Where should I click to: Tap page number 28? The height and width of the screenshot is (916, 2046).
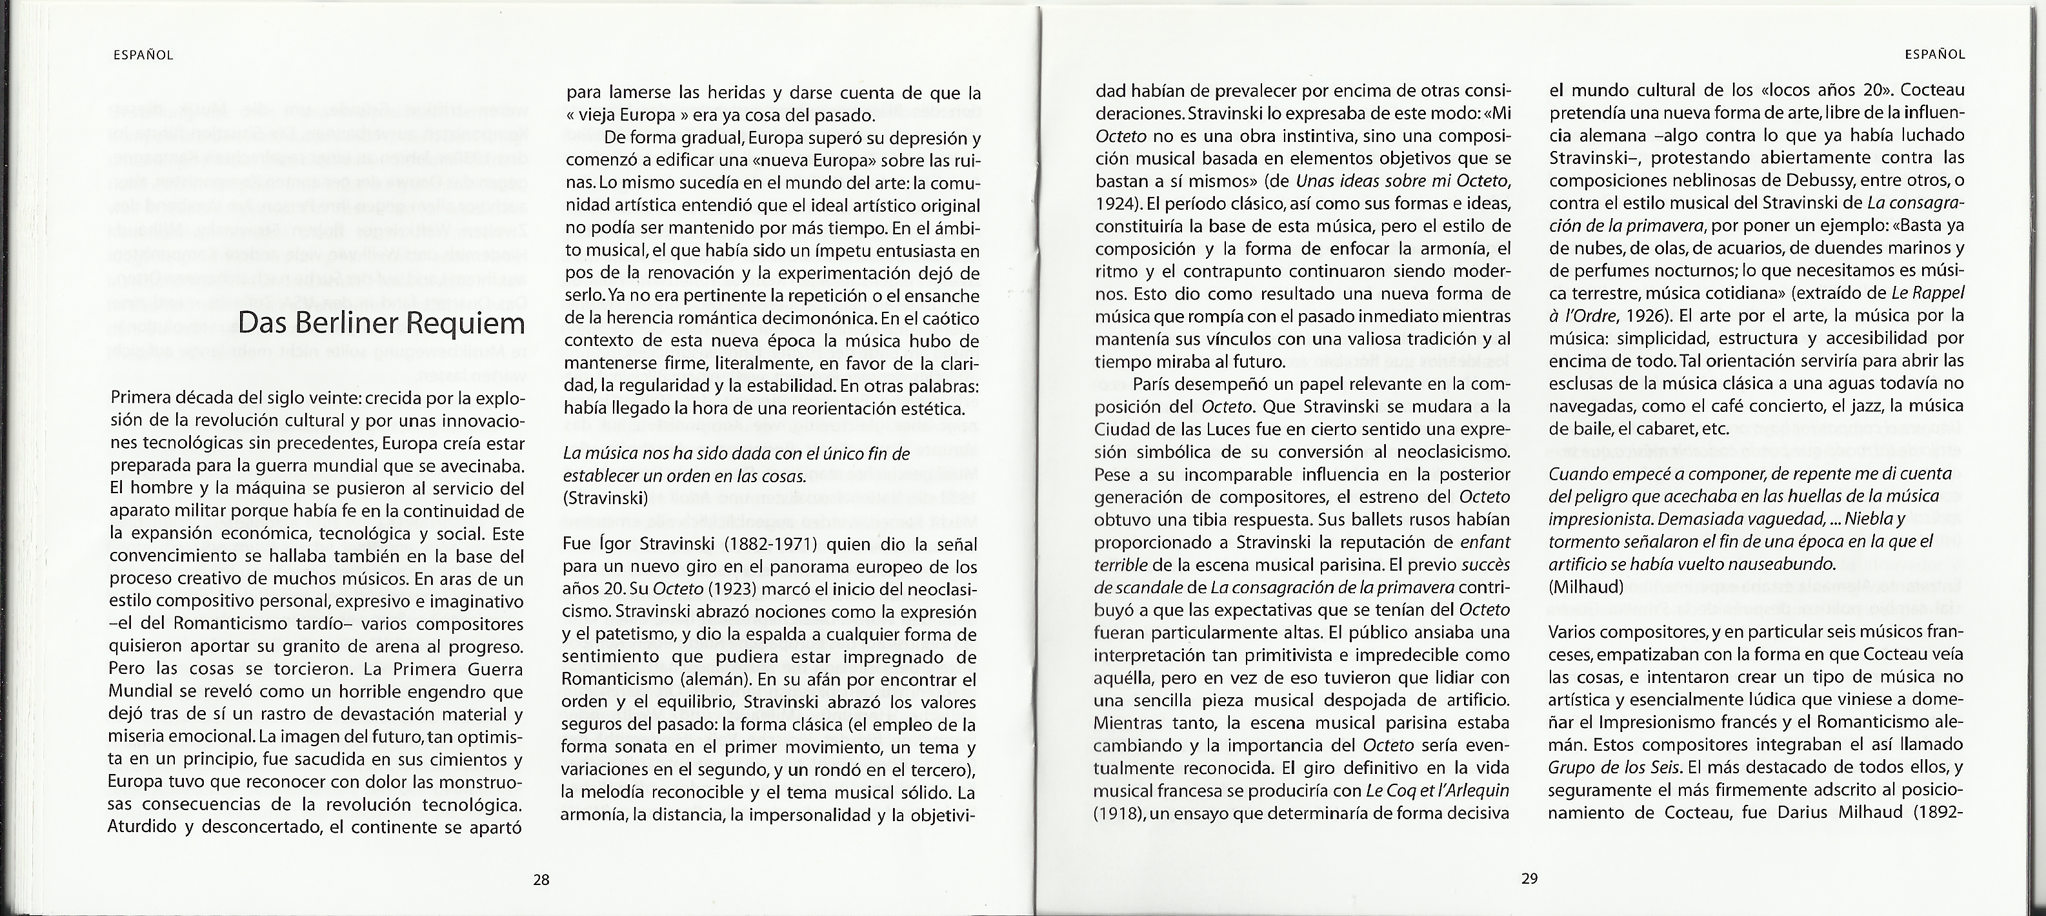[x=541, y=879]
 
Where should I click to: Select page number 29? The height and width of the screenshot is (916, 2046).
[x=1529, y=879]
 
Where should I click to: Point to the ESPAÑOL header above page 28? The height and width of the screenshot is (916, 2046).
[x=143, y=56]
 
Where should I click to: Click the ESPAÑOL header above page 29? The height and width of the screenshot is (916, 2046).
[x=1935, y=56]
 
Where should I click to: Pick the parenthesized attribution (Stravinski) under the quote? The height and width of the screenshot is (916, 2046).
[x=605, y=499]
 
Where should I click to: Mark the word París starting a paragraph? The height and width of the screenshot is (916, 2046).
[x=1156, y=385]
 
